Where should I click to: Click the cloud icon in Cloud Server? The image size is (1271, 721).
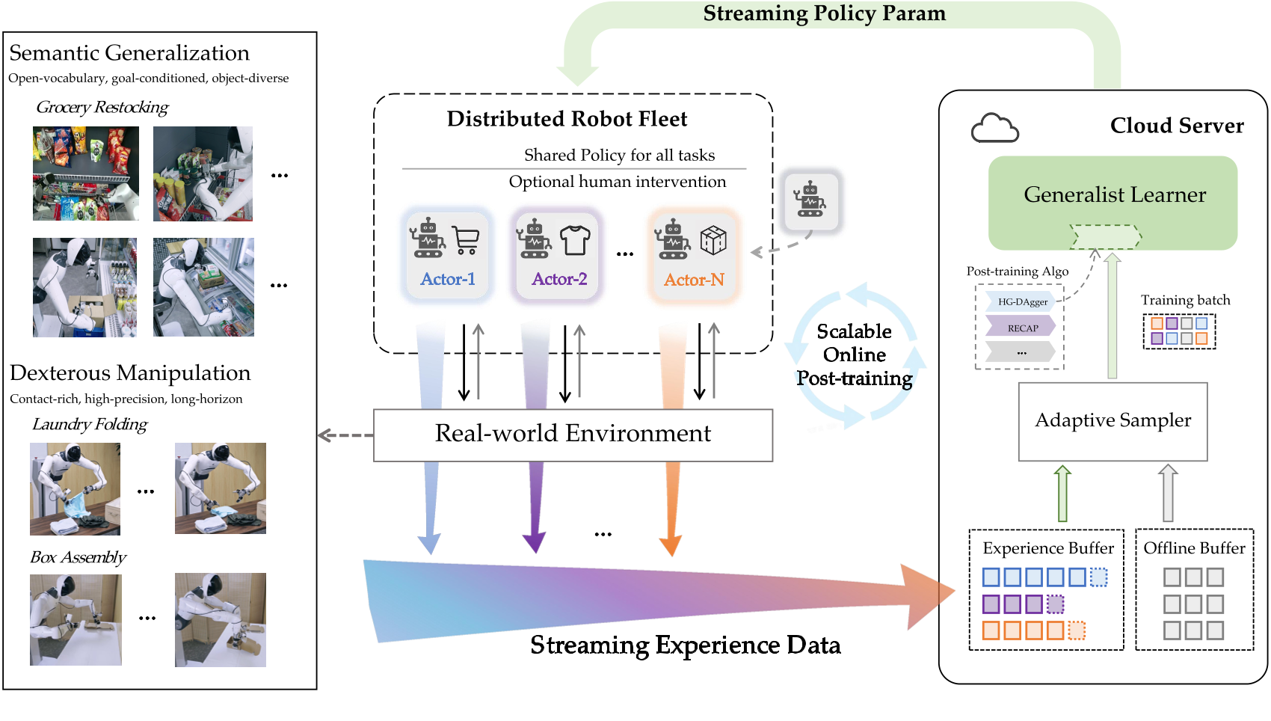tap(994, 129)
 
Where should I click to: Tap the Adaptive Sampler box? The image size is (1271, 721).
tap(1112, 421)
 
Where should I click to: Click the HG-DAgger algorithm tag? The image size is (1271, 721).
tap(1021, 302)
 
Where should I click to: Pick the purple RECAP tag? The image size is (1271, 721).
tap(1021, 328)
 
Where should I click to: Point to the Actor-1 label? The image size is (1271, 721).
tap(448, 280)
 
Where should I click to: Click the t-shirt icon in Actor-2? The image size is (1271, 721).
tap(575, 240)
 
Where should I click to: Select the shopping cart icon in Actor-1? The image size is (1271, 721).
tap(466, 240)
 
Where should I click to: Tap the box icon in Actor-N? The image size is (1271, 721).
tap(713, 240)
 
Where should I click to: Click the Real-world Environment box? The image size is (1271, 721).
tap(573, 435)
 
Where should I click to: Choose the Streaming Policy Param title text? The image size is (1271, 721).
tap(824, 13)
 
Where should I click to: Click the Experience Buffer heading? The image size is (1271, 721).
tap(1047, 548)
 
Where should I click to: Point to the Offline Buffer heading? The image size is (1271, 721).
tap(1194, 548)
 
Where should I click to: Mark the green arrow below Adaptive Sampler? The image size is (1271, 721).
tap(1062, 493)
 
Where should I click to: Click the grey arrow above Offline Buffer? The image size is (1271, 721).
tap(1168, 493)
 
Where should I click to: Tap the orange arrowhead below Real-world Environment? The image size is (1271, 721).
tap(671, 545)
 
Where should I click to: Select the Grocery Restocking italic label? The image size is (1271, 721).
tap(102, 108)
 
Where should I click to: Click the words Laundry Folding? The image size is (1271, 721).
tap(90, 425)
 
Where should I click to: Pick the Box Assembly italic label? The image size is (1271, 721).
tap(79, 558)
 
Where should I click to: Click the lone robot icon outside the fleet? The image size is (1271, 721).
tap(810, 200)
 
